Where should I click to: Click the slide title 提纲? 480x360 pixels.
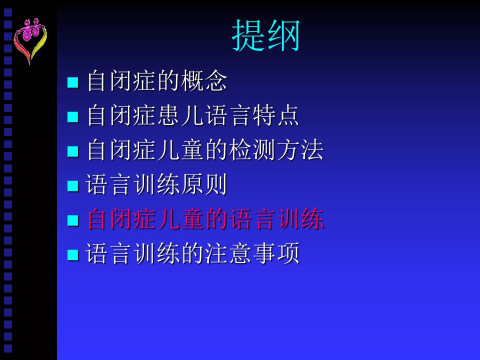coord(265,35)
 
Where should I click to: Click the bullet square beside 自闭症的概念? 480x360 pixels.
coord(73,82)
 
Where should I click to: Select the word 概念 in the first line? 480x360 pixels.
coord(204,81)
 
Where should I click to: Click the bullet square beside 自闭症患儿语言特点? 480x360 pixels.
coord(73,116)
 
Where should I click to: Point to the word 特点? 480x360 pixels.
coord(275,115)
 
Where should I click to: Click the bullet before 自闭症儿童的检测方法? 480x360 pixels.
coord(73,151)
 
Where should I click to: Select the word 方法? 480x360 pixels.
coord(299,150)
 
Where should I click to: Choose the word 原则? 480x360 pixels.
coord(204,184)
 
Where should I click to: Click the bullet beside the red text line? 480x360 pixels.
coord(73,220)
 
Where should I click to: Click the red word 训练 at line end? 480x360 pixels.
coord(299,219)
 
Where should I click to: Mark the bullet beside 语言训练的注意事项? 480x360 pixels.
coord(73,254)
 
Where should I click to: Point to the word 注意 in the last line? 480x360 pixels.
coord(228,253)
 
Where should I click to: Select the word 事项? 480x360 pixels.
coord(275,253)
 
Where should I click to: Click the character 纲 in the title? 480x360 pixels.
coord(283,35)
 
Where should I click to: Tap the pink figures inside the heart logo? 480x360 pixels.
coord(31,29)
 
